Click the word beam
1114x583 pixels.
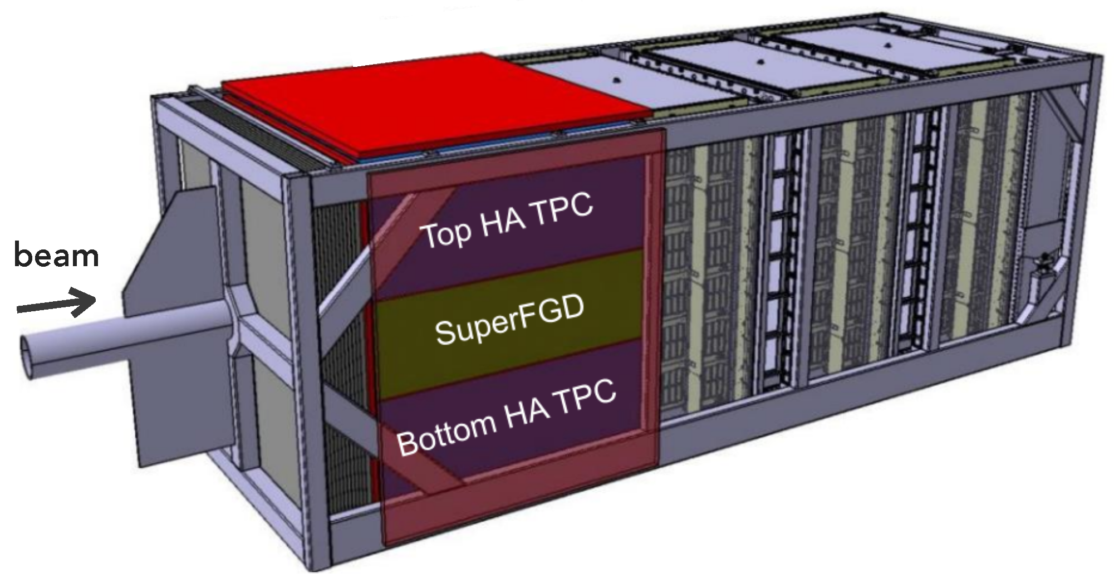click(56, 257)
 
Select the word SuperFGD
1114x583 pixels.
click(509, 321)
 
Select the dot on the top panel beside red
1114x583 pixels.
click(616, 80)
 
